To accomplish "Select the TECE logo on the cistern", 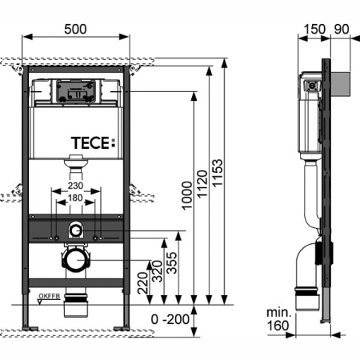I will click(93, 143).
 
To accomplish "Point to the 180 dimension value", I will click(76, 198).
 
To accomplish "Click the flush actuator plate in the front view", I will click(76, 93).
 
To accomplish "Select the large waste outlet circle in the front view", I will click(76, 260).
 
